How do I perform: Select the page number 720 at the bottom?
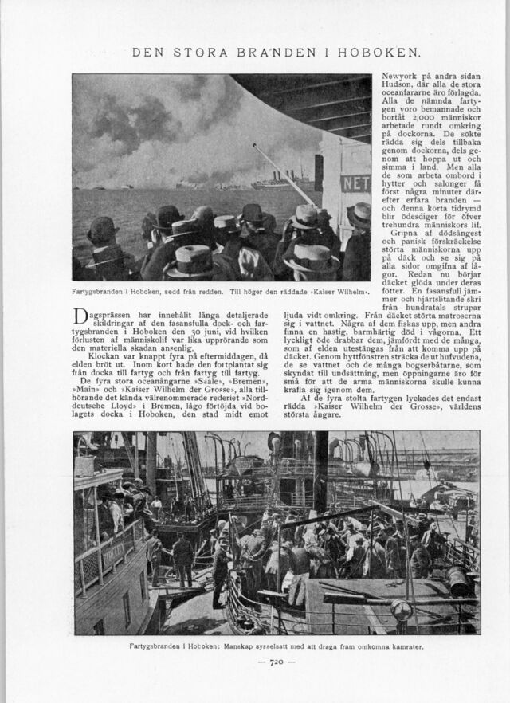point(277,662)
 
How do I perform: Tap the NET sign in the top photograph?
point(355,183)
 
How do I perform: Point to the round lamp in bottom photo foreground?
point(402,611)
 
